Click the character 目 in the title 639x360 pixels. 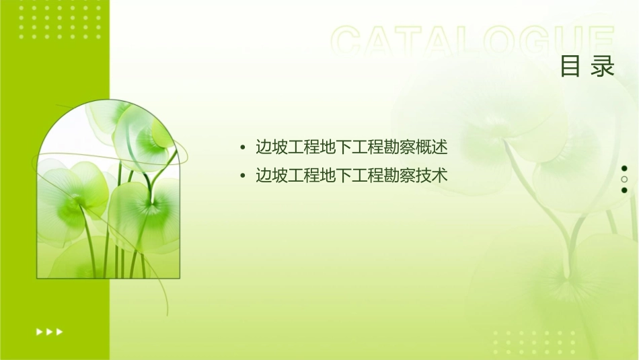click(x=570, y=67)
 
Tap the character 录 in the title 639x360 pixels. click(x=603, y=67)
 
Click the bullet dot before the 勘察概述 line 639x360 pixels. click(x=242, y=147)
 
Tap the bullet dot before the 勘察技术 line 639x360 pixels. click(x=242, y=176)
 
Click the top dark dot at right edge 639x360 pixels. click(x=624, y=168)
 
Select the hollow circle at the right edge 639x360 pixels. click(x=624, y=180)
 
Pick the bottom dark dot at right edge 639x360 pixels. click(x=624, y=190)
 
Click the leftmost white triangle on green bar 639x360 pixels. click(x=39, y=332)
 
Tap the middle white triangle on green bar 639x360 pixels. click(x=49, y=332)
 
